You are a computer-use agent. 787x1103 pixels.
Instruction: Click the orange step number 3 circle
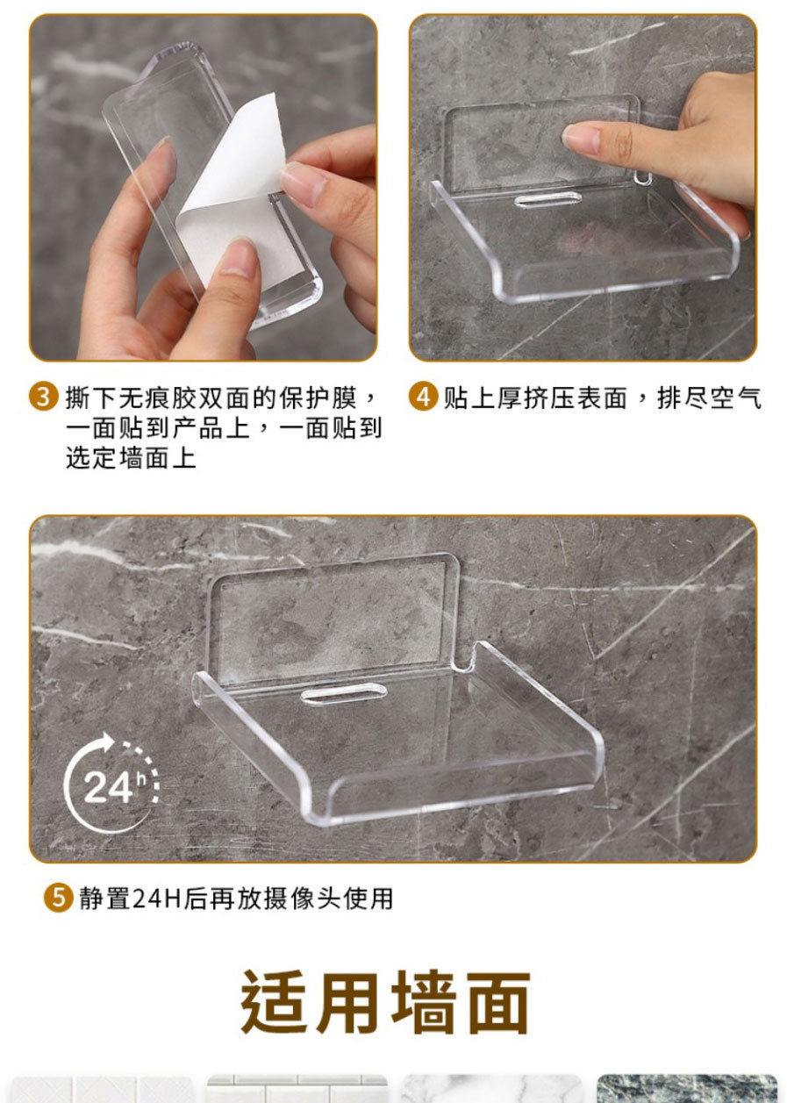(x=43, y=397)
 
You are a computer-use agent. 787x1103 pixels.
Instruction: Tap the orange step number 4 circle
(x=424, y=397)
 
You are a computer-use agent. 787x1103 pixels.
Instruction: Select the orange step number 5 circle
(x=58, y=897)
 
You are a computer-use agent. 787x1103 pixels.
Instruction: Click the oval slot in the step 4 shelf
(x=547, y=199)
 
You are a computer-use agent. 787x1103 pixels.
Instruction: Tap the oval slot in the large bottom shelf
(x=343, y=694)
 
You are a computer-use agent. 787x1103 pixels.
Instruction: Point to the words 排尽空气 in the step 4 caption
(x=709, y=398)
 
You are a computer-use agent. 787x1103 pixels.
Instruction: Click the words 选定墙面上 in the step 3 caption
(x=131, y=458)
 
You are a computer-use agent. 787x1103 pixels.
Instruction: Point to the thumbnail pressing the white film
(x=240, y=256)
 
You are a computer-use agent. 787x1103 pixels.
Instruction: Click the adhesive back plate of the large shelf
(x=333, y=619)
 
